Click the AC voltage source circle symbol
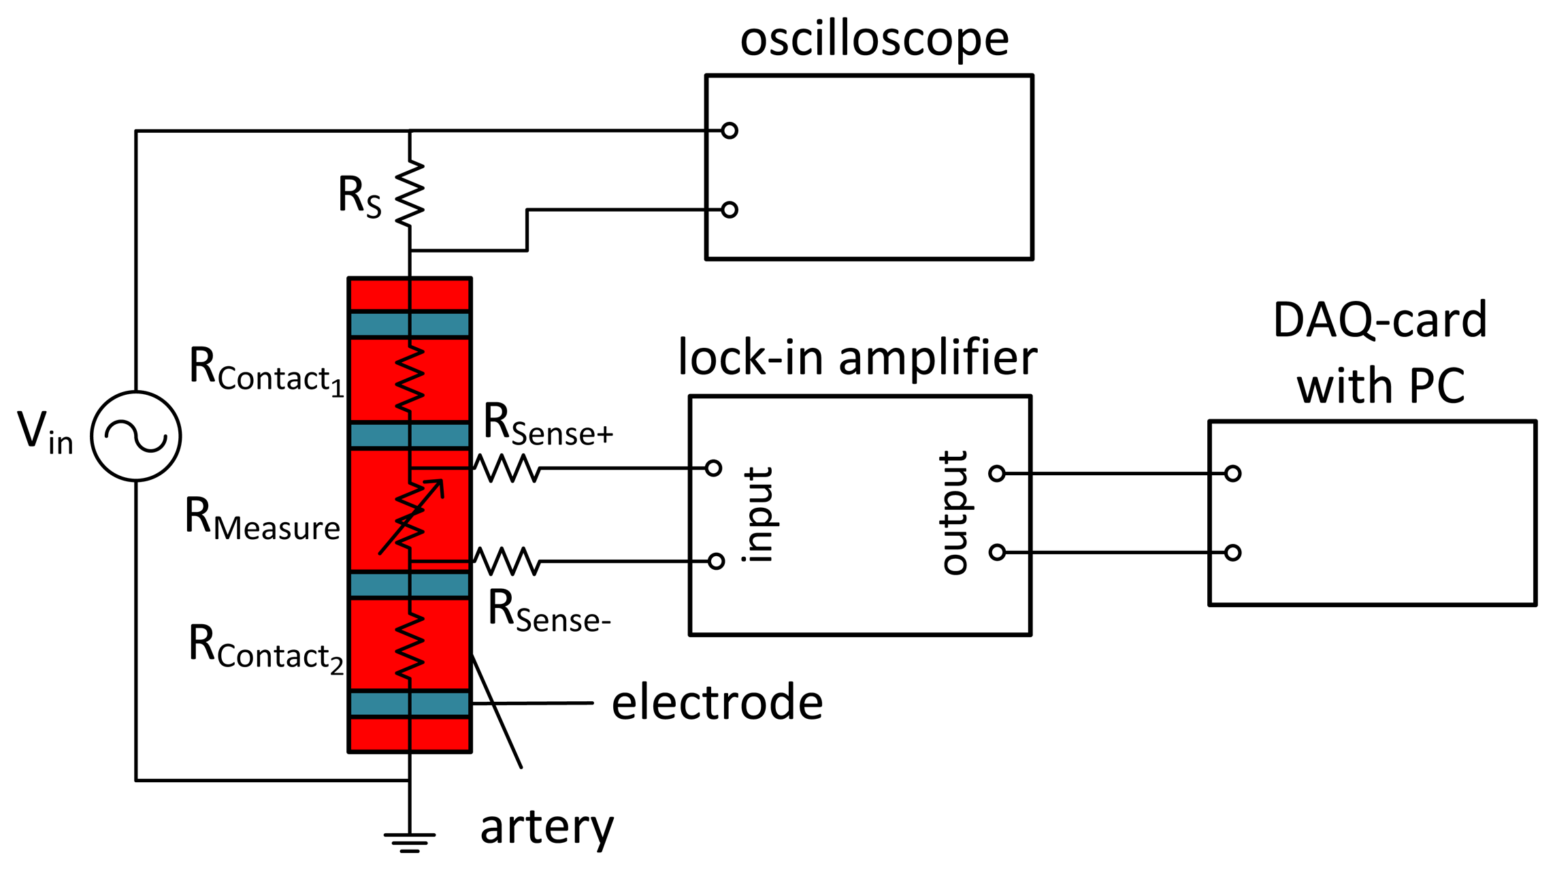136,436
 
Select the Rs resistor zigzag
410,194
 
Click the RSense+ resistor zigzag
507,468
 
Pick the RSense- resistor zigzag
507,562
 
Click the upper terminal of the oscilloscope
730,130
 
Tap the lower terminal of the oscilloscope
730,210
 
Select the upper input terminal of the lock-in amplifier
713,468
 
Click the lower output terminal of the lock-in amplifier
997,552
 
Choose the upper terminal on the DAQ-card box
1232,473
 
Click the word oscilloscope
874,39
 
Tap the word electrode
717,703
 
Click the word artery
546,827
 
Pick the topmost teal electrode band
410,324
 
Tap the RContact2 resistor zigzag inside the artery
410,643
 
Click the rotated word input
758,514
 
